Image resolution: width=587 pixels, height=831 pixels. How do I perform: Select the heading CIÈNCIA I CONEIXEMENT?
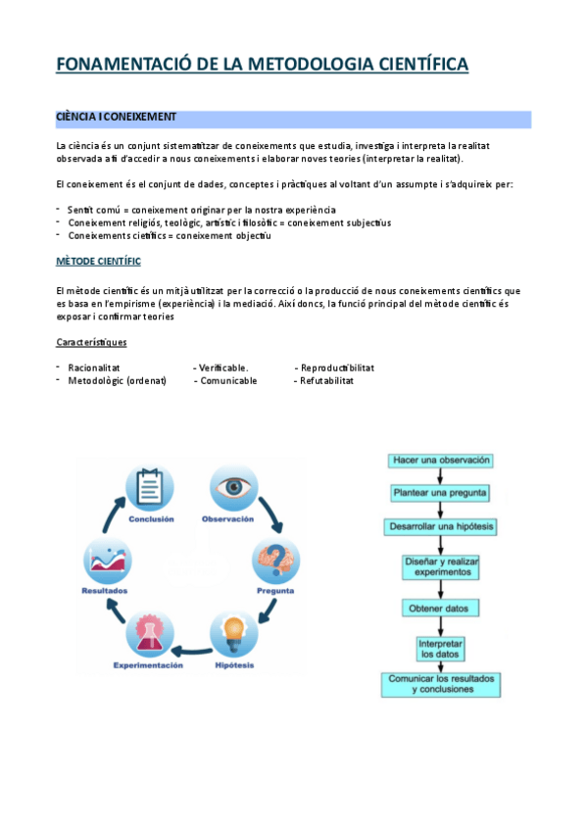117,117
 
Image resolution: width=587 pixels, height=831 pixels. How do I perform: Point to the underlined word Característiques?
91,342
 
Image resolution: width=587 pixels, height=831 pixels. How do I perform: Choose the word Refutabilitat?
324,380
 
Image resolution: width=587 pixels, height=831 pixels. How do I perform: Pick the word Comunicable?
228,380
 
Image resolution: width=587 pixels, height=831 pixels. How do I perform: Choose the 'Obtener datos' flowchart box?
441,609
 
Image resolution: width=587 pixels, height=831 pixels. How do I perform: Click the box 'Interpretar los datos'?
441,649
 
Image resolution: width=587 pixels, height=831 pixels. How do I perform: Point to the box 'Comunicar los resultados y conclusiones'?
441,684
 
